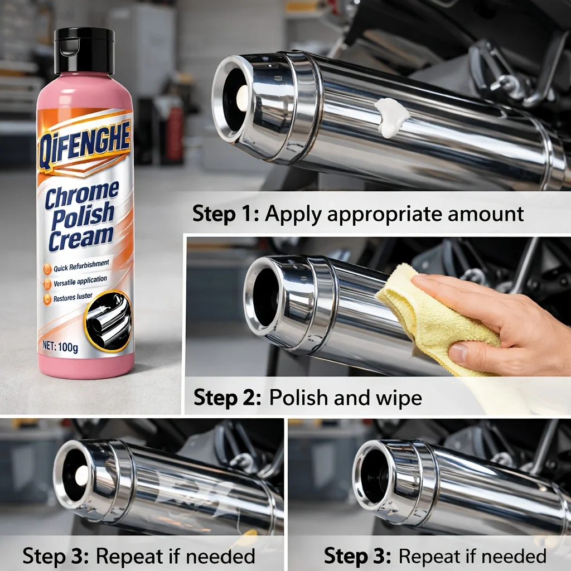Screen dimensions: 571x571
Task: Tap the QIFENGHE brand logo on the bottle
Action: pos(84,144)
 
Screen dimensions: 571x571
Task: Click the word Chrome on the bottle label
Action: pos(81,195)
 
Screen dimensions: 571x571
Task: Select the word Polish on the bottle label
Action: pos(83,217)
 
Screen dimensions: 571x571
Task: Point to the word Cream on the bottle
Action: pos(81,239)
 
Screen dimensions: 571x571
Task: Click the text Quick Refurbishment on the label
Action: pos(81,266)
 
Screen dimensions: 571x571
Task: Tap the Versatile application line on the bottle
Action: pos(80,281)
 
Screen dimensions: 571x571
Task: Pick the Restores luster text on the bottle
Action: pos(73,297)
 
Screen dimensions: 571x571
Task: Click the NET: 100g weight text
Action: pos(60,346)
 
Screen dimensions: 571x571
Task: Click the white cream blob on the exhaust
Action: pos(391,117)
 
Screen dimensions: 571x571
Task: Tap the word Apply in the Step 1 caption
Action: pos(293,215)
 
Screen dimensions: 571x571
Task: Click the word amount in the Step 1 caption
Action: pos(486,214)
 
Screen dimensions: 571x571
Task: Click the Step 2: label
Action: pos(228,397)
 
